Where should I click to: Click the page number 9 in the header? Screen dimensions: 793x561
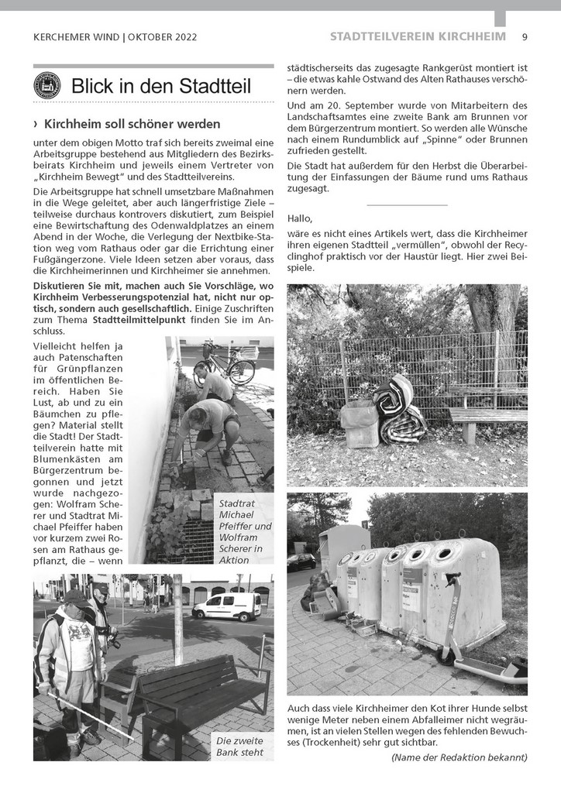[x=525, y=36]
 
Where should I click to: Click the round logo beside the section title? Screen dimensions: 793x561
[x=47, y=85]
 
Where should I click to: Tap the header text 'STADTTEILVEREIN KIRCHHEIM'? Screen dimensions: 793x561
[x=418, y=36]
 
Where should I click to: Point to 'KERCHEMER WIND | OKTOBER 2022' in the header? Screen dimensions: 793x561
[x=115, y=36]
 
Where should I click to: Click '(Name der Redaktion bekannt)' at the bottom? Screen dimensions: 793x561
[x=459, y=757]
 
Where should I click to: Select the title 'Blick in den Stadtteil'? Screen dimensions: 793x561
[x=160, y=86]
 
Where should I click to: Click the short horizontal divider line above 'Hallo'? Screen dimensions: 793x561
[x=407, y=204]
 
